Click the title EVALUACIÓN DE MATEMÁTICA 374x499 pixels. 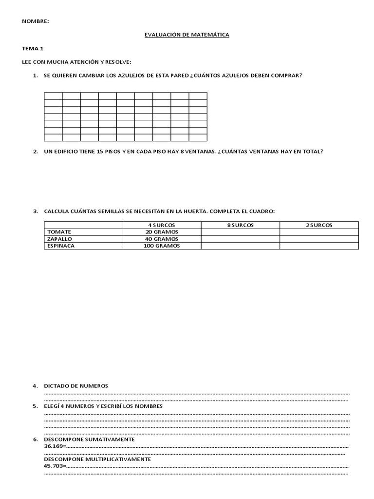[x=187, y=35]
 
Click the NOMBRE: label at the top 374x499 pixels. [x=36, y=21]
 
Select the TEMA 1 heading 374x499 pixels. [x=33, y=49]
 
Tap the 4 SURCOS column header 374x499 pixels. [x=162, y=225]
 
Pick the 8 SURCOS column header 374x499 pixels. [x=240, y=225]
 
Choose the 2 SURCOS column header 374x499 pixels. [x=319, y=225]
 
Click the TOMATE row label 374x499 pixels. [x=59, y=232]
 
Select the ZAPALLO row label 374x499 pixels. [x=59, y=239]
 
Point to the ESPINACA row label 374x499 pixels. [x=61, y=246]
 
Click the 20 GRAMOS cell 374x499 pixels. [x=162, y=232]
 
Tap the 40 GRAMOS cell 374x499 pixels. [x=162, y=239]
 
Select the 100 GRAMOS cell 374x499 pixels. [x=162, y=246]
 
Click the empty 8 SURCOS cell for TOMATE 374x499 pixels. [x=240, y=232]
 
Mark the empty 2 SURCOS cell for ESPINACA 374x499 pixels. [x=319, y=246]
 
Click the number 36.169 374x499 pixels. [x=53, y=446]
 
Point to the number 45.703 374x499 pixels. [x=53, y=466]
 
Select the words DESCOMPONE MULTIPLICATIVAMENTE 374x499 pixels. [x=97, y=459]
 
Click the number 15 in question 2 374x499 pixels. [x=100, y=152]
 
